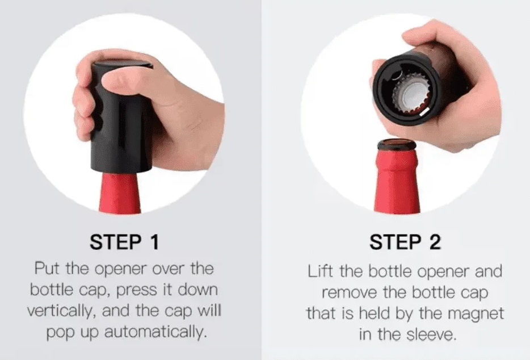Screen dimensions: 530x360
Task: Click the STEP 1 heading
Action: click(x=124, y=242)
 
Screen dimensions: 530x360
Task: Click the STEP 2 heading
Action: click(x=405, y=242)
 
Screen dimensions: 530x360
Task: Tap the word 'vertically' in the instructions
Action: click(x=60, y=311)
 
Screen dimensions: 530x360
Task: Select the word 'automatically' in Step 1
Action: click(x=155, y=332)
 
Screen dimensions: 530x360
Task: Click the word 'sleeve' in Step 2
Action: click(x=431, y=334)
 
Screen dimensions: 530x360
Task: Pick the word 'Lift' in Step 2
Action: click(x=321, y=271)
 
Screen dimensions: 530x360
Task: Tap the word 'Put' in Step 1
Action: click(x=47, y=269)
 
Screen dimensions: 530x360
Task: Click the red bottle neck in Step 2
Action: click(x=396, y=181)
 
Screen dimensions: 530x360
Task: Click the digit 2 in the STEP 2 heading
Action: click(x=435, y=242)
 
